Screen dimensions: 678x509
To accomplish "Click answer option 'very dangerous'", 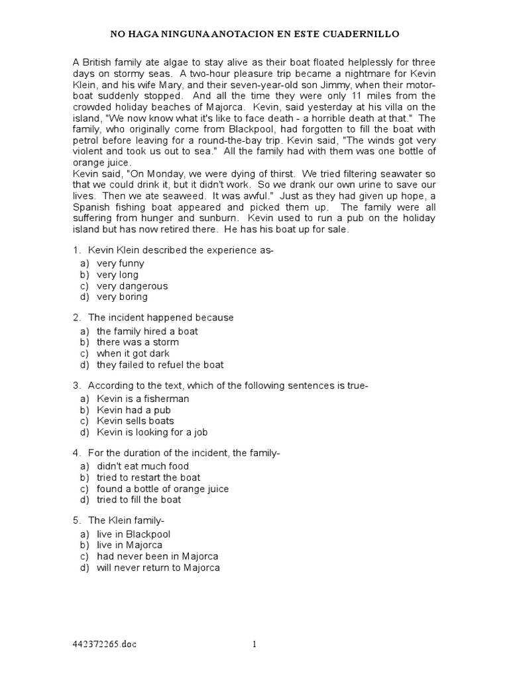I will pyautogui.click(x=132, y=286).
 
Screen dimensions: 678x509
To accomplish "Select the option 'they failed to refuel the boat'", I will pyautogui.click(x=160, y=365).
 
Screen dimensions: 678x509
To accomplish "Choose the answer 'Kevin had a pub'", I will pyautogui.click(x=133, y=410).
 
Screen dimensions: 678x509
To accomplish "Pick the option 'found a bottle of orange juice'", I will pyautogui.click(x=162, y=489).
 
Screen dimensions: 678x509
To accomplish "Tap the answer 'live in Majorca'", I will pyautogui.click(x=129, y=545).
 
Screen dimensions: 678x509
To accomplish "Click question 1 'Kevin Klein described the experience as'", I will pyautogui.click(x=180, y=250).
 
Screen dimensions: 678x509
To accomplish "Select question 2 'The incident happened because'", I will pyautogui.click(x=160, y=318).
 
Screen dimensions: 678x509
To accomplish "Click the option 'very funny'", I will pyautogui.click(x=120, y=264).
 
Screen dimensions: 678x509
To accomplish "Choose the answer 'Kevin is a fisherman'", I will pyautogui.click(x=142, y=399).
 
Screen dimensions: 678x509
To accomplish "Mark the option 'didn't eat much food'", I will pyautogui.click(x=142, y=466).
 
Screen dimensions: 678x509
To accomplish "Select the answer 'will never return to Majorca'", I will pyautogui.click(x=158, y=567).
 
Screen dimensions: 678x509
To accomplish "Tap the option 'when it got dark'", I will pyautogui.click(x=133, y=354).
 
